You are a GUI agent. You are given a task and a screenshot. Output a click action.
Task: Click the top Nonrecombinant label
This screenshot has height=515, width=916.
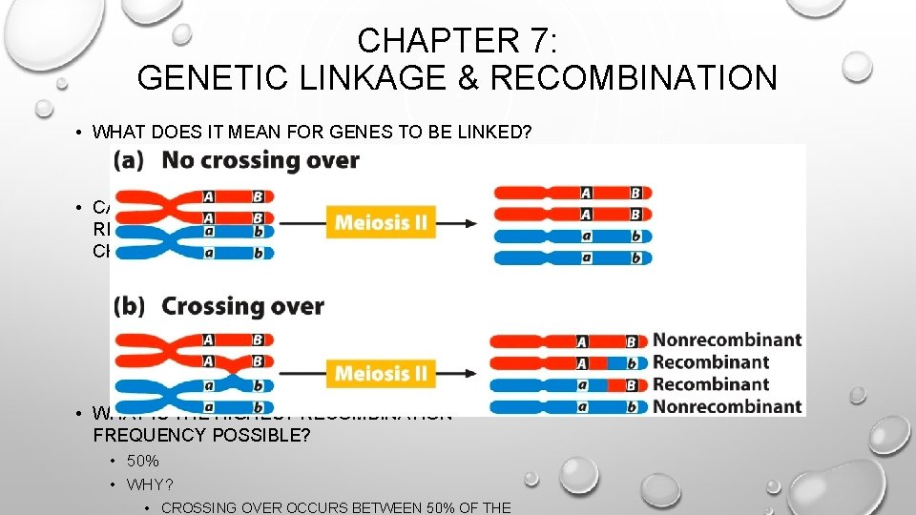pos(726,340)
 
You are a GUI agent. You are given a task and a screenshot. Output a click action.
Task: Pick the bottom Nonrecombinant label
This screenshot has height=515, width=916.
pos(726,407)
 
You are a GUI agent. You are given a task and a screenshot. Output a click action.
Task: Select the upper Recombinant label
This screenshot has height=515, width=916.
pos(711,362)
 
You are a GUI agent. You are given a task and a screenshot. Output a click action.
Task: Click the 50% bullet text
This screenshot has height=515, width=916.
pos(141,463)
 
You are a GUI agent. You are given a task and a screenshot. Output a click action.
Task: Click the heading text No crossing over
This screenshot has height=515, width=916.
pos(260,160)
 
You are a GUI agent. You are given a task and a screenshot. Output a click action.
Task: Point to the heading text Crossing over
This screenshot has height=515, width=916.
pos(242,307)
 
